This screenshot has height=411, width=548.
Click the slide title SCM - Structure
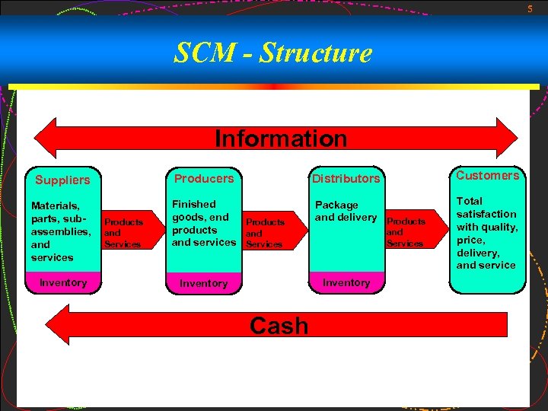(x=273, y=53)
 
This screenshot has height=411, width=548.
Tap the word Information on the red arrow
(x=280, y=139)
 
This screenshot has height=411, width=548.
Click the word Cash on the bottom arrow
(x=279, y=326)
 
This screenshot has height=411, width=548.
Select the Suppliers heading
(x=62, y=180)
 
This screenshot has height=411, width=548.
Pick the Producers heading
(x=204, y=179)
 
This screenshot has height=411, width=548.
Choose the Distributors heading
(x=346, y=179)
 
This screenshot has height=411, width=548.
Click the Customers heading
(x=487, y=176)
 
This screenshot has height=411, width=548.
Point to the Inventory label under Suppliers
(x=63, y=282)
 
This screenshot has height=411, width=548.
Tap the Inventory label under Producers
(x=203, y=283)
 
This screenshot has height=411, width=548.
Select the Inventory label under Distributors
(x=346, y=282)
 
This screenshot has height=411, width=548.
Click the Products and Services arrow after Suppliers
(x=123, y=233)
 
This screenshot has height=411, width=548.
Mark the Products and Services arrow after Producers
(x=266, y=233)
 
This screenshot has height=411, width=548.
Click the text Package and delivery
(x=346, y=211)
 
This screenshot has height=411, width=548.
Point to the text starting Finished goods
(x=203, y=223)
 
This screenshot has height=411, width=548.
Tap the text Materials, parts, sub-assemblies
(x=60, y=231)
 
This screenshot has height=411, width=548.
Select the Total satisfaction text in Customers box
(x=486, y=233)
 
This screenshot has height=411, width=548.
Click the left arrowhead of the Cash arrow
(x=73, y=325)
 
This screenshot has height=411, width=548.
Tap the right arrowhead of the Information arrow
(x=506, y=139)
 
